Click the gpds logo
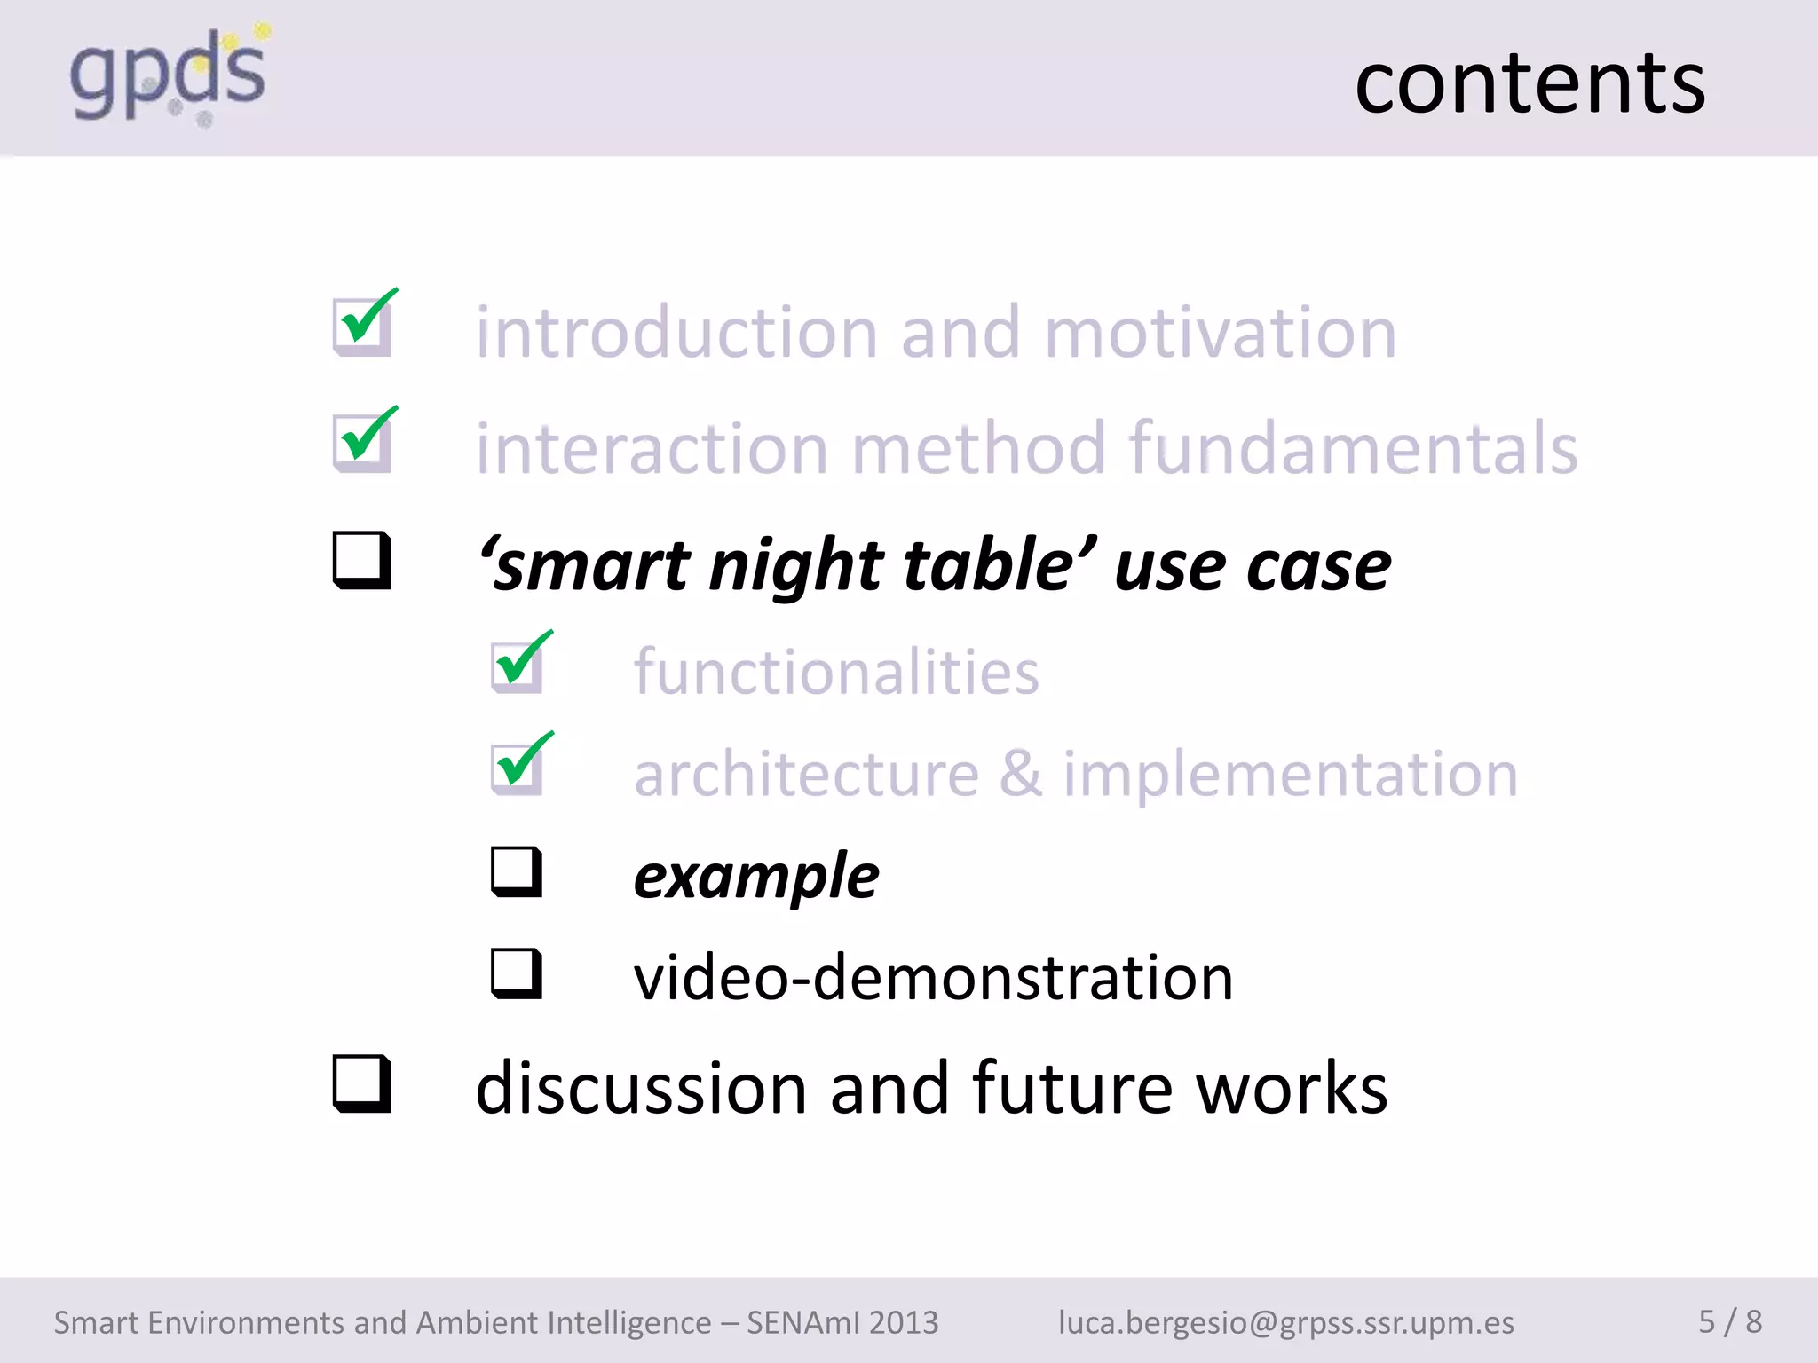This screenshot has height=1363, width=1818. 169,75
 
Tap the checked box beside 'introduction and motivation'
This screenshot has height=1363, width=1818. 362,325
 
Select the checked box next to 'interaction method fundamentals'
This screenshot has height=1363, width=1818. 362,442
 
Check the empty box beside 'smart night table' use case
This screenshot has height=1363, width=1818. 362,560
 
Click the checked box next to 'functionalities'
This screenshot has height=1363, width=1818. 518,666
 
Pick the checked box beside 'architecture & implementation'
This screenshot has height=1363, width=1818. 518,768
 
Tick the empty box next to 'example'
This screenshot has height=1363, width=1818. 517,871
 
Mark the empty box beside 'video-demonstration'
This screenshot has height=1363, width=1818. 517,973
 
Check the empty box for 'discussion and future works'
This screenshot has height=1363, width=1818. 362,1083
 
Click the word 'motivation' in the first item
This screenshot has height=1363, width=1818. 1221,333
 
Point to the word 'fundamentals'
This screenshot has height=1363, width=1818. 1354,448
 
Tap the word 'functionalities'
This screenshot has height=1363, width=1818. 835,672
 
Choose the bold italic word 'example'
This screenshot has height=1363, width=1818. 755,877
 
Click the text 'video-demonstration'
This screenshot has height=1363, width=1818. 933,978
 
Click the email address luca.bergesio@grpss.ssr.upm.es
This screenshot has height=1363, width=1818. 1285,1322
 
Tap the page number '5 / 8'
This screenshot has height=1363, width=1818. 1729,1321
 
